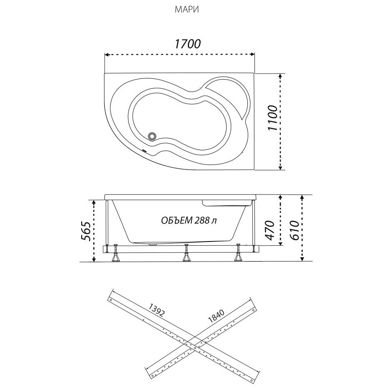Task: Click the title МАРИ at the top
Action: coord(187,10)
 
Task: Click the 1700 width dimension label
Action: coord(187,44)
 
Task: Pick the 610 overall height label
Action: coord(294,230)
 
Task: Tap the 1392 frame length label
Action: coord(156,309)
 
